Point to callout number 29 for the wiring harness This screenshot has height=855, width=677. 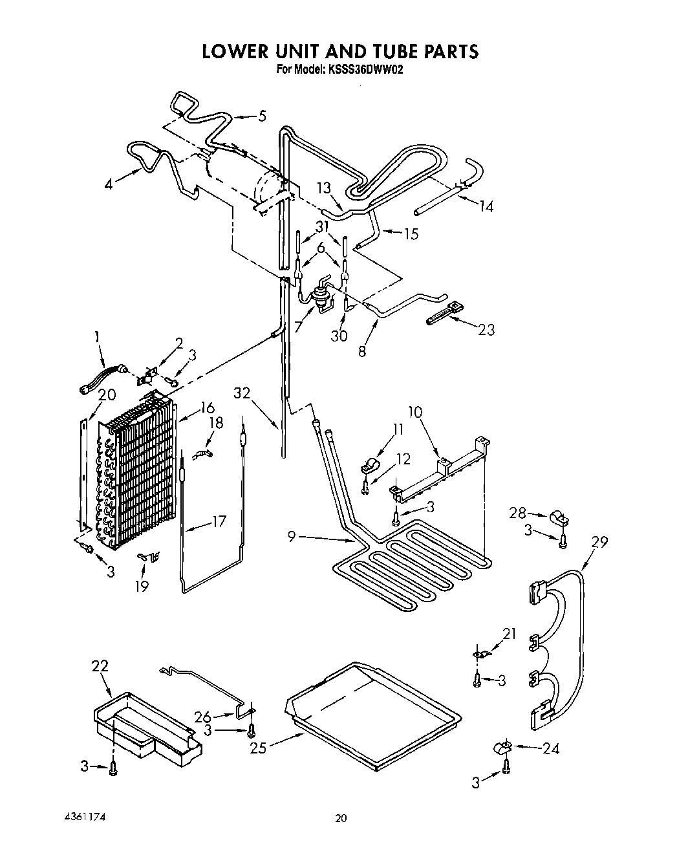pos(600,542)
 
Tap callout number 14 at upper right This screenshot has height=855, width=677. pos(486,206)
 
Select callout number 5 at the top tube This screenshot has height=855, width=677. pos(261,116)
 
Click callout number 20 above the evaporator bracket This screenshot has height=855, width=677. pos(107,395)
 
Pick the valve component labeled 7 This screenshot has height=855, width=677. pos(318,296)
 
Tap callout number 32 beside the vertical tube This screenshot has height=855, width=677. pos(241,393)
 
